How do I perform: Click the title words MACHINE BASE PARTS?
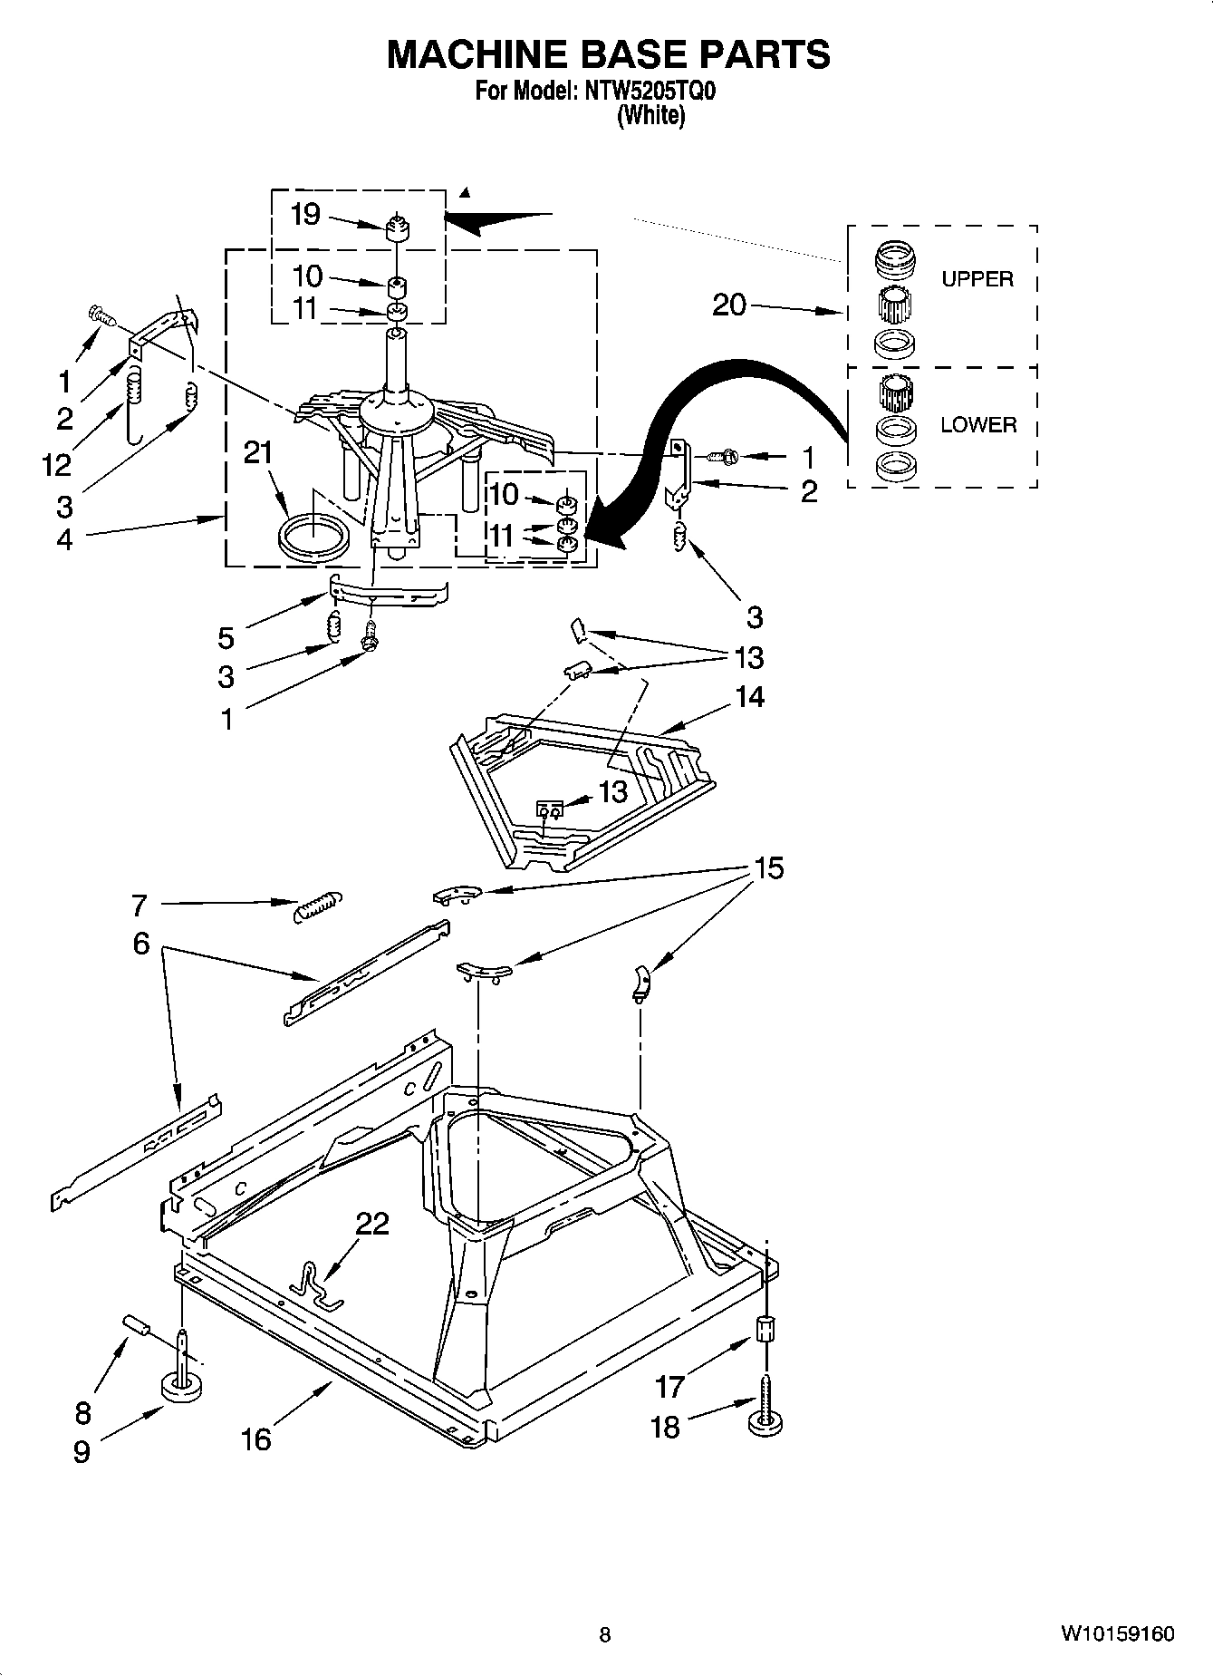pos(608,54)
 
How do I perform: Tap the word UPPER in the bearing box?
pos(977,279)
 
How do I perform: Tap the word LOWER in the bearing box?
pos(978,424)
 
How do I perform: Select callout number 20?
pos(729,305)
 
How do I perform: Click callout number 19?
pos(305,215)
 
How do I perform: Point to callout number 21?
pos(258,451)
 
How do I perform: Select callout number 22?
pos(371,1224)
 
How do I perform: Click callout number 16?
pos(256,1439)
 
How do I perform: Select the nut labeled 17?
pos(765,1332)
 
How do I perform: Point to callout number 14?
pos(749,697)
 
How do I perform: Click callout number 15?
pos(768,868)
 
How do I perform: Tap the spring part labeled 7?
pos(318,905)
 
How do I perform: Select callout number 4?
pos(64,539)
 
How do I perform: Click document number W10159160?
pos(1117,1634)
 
